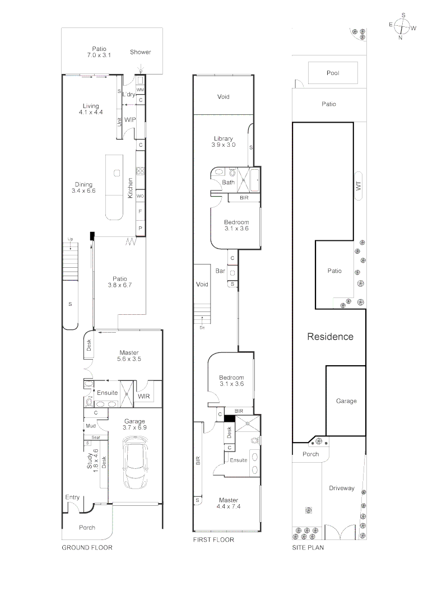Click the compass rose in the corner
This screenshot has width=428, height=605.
click(403, 27)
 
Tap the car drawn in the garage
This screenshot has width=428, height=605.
click(134, 463)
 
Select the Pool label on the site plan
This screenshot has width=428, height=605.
click(333, 73)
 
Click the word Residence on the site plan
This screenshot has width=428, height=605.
click(331, 337)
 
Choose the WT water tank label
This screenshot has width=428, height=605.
click(359, 186)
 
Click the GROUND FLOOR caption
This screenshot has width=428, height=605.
click(87, 547)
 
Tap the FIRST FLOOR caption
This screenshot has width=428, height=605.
click(213, 540)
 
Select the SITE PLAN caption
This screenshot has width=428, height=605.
click(308, 547)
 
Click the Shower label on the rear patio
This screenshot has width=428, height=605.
click(141, 52)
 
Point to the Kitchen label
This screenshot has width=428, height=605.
click(131, 188)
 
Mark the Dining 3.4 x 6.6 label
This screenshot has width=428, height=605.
click(83, 188)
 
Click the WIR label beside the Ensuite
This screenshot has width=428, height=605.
click(143, 396)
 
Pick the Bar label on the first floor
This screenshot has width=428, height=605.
click(220, 271)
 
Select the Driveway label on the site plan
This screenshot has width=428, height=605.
click(342, 488)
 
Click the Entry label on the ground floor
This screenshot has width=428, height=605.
click(72, 497)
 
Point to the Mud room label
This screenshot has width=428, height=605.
click(91, 426)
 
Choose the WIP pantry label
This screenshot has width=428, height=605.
click(130, 120)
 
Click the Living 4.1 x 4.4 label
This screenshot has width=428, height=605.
click(91, 109)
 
